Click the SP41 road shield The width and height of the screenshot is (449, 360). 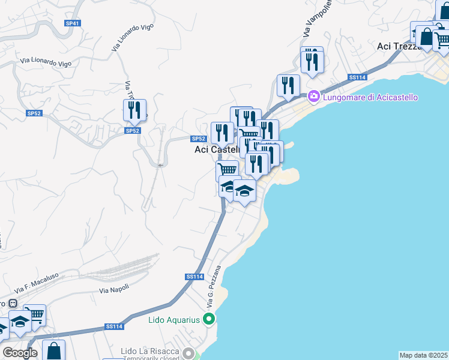73,23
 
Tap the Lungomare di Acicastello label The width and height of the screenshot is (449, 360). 370,97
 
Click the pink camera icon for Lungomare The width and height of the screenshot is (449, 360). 313,97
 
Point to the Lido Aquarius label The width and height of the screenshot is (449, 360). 173,320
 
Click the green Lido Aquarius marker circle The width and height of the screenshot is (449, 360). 209,319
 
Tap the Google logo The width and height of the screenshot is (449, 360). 20,353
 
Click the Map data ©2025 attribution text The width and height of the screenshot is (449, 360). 423,355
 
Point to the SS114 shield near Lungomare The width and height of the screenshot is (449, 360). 357,78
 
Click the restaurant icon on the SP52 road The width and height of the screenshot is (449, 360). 134,110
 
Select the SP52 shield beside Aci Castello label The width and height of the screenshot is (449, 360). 199,139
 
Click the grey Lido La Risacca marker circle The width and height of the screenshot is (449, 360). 190,352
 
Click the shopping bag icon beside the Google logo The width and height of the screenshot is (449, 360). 53,350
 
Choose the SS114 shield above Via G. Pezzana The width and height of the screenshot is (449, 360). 194,277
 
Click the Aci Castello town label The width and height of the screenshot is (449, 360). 216,150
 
